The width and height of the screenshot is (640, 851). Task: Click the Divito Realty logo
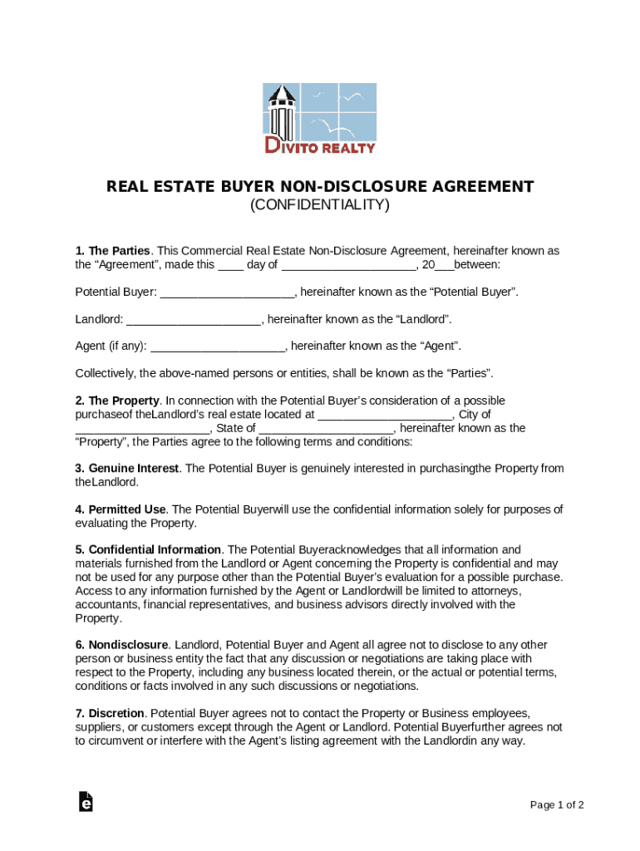coord(320,118)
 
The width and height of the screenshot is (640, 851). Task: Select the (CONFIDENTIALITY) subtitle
coord(320,204)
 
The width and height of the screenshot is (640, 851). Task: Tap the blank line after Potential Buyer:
coord(227,293)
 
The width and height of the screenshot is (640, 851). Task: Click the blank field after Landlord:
coord(194,320)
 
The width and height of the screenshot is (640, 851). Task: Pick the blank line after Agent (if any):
coord(217,347)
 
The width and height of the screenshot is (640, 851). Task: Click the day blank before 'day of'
coord(230,265)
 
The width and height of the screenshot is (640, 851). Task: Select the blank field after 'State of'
coord(326,429)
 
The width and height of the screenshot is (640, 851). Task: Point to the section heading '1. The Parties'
coord(112,251)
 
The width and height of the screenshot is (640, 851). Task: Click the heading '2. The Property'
coord(116,401)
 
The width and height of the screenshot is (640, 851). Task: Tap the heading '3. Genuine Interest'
coord(126,469)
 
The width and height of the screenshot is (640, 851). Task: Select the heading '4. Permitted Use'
coord(121,509)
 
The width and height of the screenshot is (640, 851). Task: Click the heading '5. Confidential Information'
coord(148,550)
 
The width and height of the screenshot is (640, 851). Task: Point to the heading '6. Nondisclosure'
coord(121,645)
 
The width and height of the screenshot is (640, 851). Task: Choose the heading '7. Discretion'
coord(110,714)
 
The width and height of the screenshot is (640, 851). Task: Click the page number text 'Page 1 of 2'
coord(557,805)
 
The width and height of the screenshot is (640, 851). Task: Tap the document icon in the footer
coord(85,802)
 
